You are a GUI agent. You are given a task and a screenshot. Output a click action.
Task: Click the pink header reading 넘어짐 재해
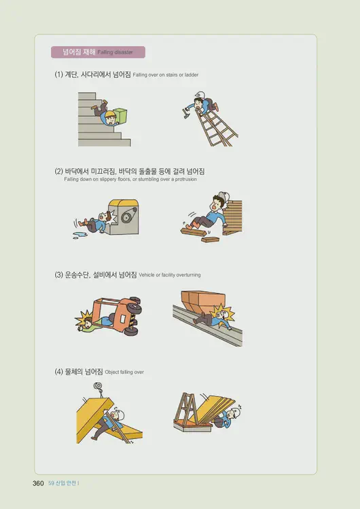97,52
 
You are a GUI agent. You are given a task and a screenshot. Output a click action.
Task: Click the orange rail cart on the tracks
202,302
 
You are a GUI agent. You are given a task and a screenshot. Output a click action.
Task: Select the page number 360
38,483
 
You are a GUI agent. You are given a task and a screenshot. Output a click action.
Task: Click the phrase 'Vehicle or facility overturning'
169,276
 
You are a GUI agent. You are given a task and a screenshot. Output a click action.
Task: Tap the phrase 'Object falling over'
124,373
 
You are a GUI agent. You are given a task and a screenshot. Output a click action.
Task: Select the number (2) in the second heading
58,172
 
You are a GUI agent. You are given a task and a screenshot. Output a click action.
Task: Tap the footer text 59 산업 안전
63,483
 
